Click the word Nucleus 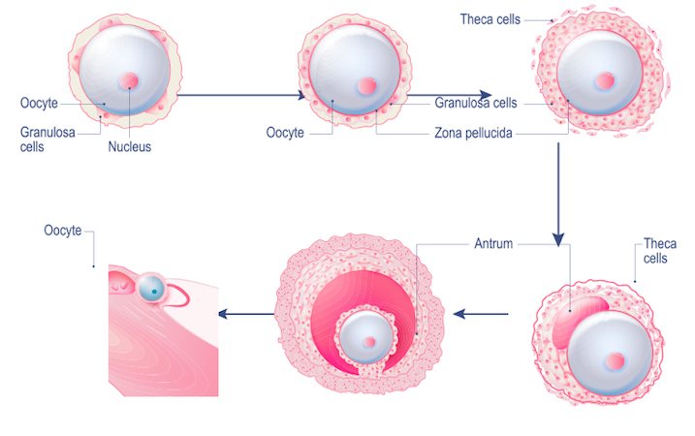129,147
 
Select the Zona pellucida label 474,133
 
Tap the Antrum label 494,243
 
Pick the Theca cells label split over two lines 660,251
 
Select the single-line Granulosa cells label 476,102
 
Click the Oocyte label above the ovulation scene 63,231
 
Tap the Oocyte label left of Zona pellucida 285,133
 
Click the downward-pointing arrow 558,194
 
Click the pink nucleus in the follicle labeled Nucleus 130,82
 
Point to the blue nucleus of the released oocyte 154,290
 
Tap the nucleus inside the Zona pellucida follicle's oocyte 367,86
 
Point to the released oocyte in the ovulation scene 153,288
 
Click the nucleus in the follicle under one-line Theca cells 604,80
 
